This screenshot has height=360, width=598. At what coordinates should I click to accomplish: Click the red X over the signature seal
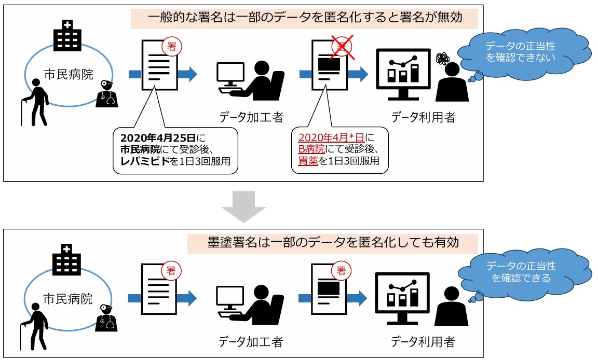pos(342,47)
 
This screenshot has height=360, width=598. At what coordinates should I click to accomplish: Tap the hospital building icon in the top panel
pos(67,35)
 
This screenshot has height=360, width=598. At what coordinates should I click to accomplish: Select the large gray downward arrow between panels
pos(243,206)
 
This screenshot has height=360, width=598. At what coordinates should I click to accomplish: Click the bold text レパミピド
pos(145,161)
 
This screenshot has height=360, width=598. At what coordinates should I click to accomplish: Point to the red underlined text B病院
pos(311,149)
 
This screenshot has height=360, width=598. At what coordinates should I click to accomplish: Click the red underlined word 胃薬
pos(308,161)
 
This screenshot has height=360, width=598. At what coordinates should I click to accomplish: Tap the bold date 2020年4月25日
pos(158,138)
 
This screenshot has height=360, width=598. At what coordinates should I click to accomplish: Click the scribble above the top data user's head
pos(442,58)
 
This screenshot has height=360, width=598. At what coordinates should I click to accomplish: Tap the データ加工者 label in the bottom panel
pos(251,342)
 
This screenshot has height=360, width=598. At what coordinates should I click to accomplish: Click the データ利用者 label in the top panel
pos(424,117)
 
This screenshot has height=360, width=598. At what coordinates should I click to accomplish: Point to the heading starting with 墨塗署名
pos(333,243)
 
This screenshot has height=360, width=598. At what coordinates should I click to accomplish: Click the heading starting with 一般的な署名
pos(305,18)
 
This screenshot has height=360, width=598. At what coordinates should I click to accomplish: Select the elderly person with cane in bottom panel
pos(34,326)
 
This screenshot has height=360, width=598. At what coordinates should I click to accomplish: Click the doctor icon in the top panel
pos(106,94)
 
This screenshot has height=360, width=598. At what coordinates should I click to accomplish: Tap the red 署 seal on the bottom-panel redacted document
pos(341,271)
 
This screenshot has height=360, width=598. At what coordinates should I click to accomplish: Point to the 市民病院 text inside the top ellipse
pos(69,74)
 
